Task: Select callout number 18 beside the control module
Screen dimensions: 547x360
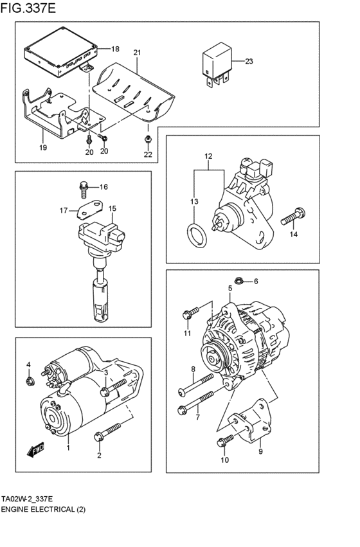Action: (x=115, y=49)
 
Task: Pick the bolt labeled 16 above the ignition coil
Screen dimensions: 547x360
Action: (x=82, y=188)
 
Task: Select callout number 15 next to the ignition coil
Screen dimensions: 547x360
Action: (x=112, y=209)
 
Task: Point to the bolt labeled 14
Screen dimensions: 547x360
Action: (x=293, y=217)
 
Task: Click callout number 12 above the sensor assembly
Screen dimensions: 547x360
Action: (x=208, y=157)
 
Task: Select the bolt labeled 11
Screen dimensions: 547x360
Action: (x=188, y=314)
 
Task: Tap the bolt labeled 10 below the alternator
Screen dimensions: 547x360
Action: (x=225, y=441)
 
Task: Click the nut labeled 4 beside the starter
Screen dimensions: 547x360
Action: (x=28, y=382)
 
